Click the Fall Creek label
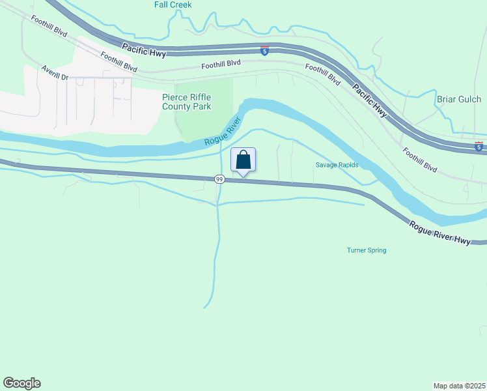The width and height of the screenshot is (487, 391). pos(173,5)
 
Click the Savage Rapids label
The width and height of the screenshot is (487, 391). pos(337,165)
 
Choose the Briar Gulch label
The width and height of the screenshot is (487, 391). pos(459,100)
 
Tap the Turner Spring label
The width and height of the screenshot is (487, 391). pos(367,250)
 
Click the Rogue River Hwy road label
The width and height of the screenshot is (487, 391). pos(440,233)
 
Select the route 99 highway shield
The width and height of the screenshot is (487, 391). pos(220,179)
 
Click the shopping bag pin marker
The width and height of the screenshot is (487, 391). pos(244,160)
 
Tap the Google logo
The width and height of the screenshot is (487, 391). pos(21,383)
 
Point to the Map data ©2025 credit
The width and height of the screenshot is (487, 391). pos(459,385)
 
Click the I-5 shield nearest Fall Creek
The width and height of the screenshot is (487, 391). pos(264,51)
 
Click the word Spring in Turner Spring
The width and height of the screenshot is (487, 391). pos(376,250)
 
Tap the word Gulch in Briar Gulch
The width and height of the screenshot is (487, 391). pos(469,100)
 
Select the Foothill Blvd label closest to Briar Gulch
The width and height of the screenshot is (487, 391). pos(419,159)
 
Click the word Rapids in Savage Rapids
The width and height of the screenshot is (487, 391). pos(348,165)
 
